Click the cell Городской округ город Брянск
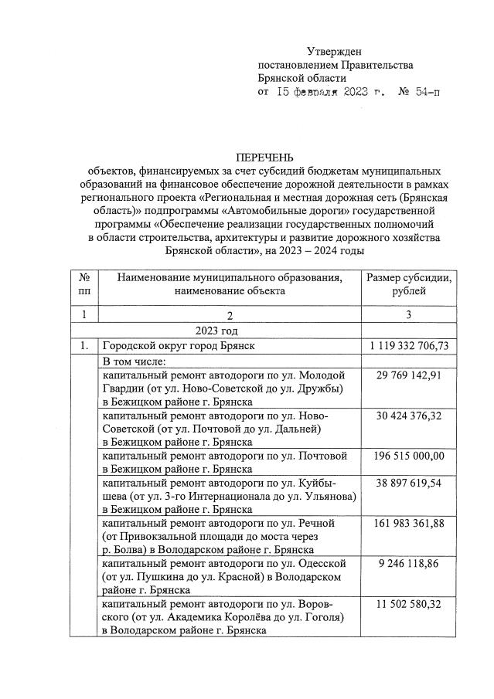coord(179,345)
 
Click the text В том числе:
coord(138,361)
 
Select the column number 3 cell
coord(408,315)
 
